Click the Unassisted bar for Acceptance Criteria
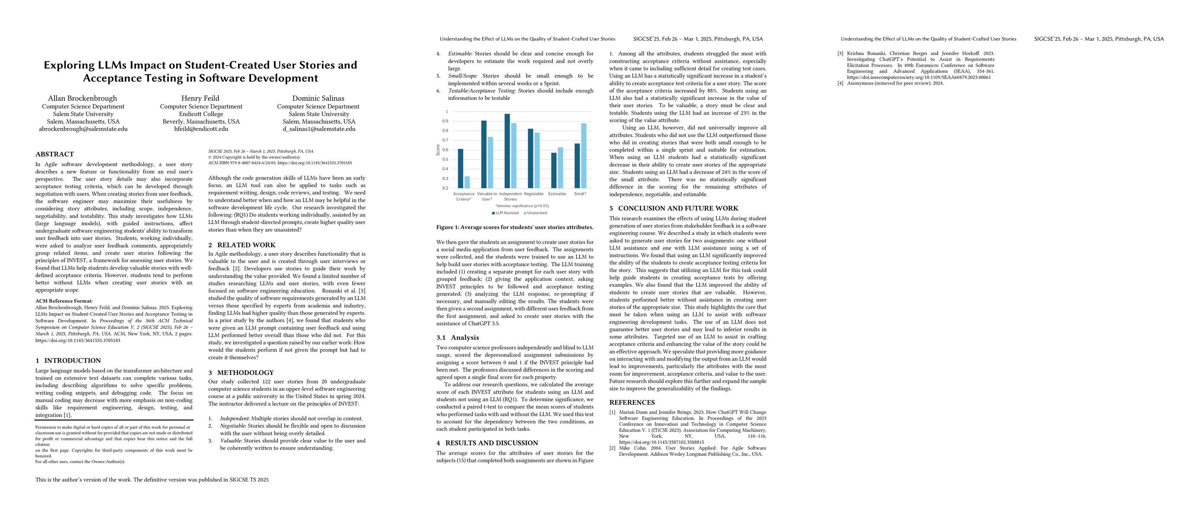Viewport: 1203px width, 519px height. (467, 183)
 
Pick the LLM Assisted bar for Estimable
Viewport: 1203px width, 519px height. (554, 171)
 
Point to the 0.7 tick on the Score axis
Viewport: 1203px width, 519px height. (446, 140)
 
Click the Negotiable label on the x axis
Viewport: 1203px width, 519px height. (534, 194)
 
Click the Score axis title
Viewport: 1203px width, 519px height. (438, 150)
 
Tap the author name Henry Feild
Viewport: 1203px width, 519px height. (200, 99)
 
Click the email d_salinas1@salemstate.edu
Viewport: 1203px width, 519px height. (318, 129)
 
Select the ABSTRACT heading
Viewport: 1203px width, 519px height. (55, 154)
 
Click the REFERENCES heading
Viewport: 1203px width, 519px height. (632, 402)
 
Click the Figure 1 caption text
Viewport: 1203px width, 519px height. (515, 227)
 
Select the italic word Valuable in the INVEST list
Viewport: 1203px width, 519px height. (230, 441)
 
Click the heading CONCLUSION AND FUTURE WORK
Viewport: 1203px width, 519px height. (678, 208)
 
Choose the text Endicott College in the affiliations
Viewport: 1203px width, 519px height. (201, 114)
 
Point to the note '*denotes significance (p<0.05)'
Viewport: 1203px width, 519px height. (522, 206)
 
